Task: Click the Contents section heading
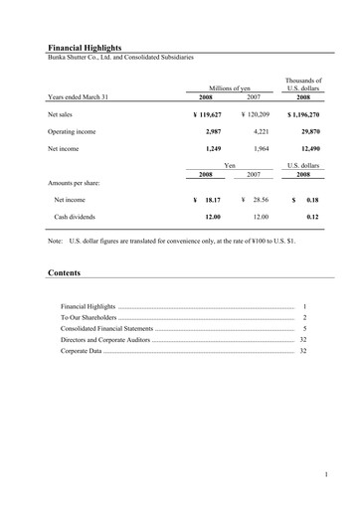65,271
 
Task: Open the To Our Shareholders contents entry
90,317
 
